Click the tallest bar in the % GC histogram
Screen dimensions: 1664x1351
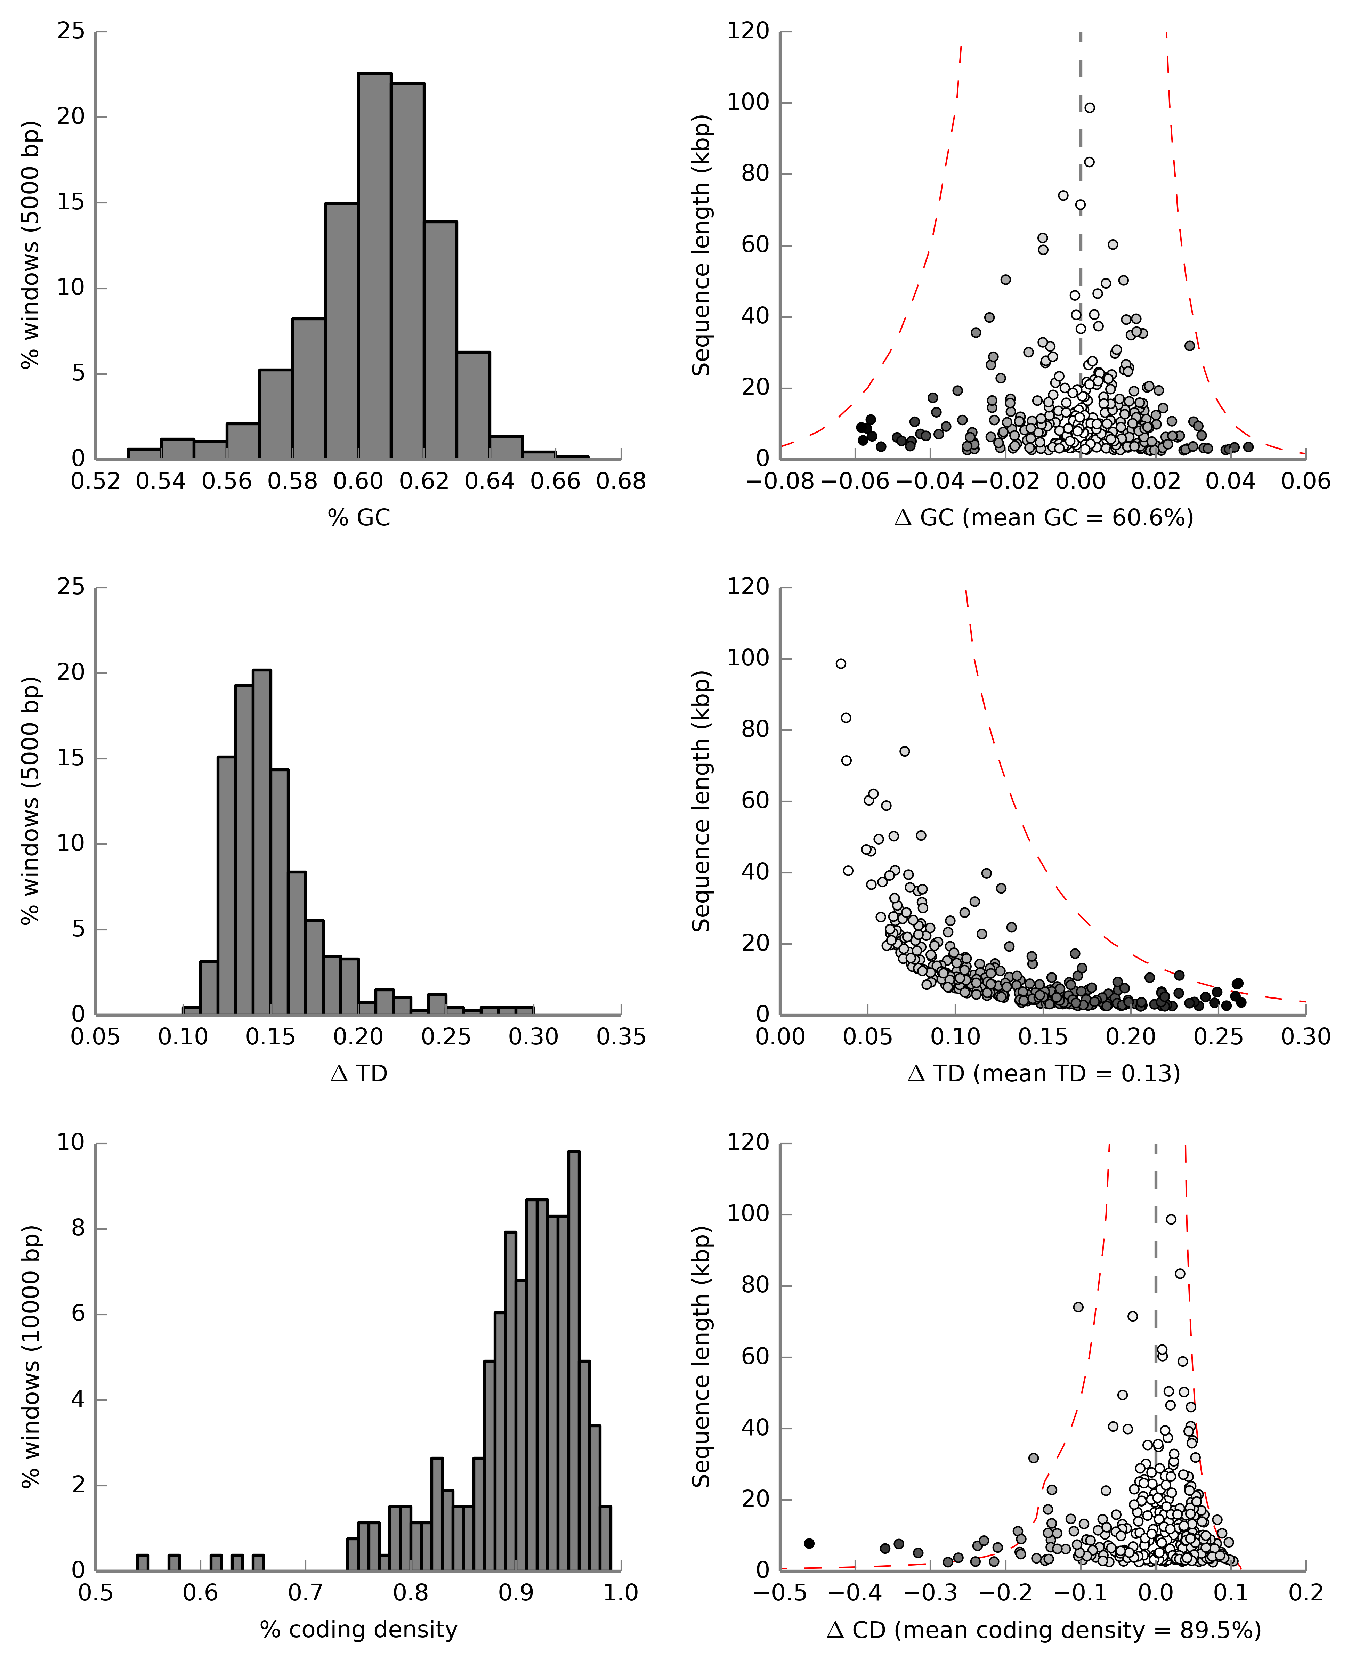pyautogui.click(x=374, y=265)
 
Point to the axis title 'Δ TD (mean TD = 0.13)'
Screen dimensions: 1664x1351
pyautogui.click(x=1044, y=1073)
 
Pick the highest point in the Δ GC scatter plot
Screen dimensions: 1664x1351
pyautogui.click(x=1090, y=107)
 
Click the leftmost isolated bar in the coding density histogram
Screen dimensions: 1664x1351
pyautogui.click(x=143, y=1562)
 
